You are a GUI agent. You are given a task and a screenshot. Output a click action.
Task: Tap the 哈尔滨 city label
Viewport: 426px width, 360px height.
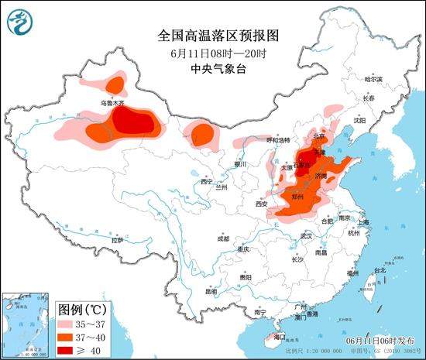[373, 80]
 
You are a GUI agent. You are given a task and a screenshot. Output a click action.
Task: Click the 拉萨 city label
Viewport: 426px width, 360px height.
[117, 241]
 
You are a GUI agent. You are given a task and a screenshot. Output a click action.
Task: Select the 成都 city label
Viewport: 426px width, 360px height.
[223, 238]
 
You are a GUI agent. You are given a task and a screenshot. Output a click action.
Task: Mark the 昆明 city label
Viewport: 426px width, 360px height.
[211, 293]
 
